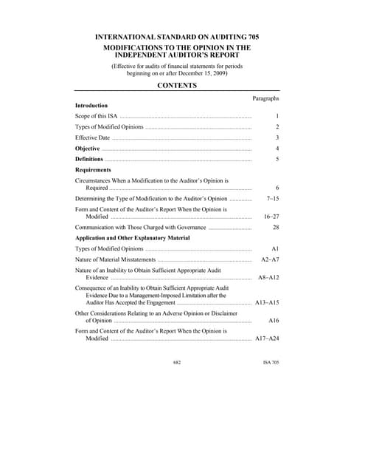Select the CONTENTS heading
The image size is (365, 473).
[177, 86]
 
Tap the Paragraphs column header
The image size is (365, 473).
[265, 98]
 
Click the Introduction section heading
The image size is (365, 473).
[91, 106]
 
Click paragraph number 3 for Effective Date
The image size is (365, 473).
[277, 137]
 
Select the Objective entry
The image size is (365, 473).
[88, 149]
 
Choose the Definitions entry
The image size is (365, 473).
[89, 159]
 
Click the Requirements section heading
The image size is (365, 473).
[93, 169]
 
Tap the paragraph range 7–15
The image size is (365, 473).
[272, 199]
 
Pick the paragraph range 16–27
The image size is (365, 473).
[271, 217]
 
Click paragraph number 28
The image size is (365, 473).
[275, 228]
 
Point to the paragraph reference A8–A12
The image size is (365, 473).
[268, 277]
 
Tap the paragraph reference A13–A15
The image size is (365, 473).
[266, 303]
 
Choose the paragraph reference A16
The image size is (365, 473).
[274, 321]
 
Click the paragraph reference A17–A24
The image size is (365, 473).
[266, 338]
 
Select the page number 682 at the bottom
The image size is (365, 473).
[177, 363]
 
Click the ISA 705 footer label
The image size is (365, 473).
[271, 363]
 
